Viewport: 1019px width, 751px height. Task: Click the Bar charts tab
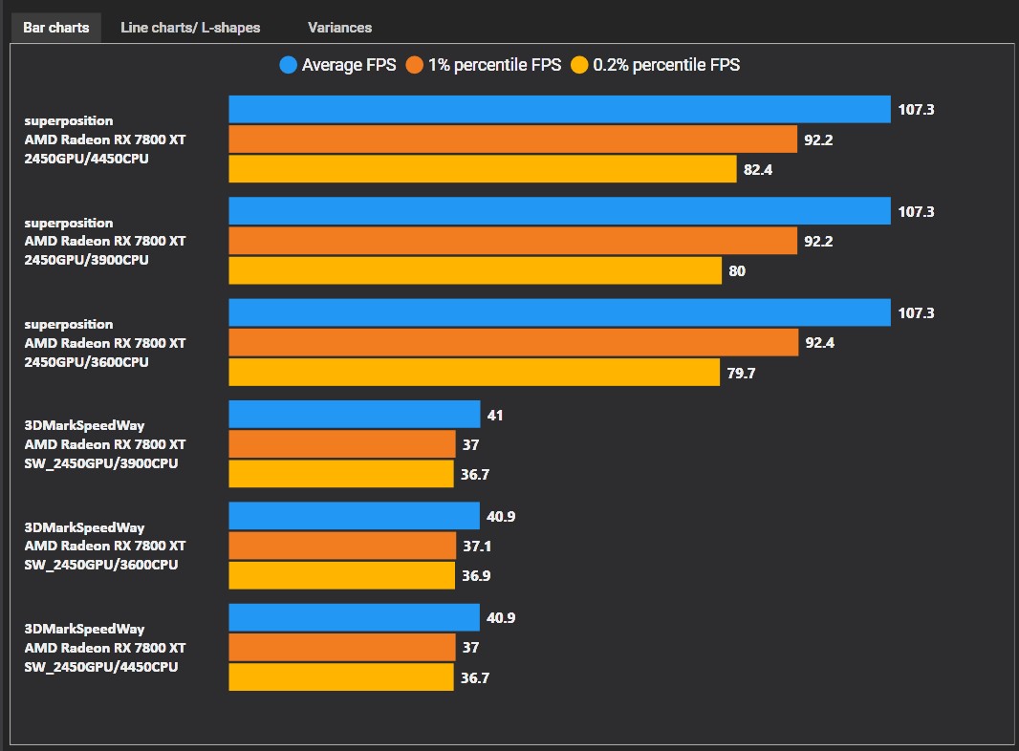click(55, 27)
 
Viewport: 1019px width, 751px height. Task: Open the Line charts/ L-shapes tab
click(190, 27)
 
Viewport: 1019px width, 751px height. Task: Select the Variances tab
click(339, 27)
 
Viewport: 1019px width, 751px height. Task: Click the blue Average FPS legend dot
click(289, 65)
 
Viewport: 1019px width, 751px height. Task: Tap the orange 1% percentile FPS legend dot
click(415, 65)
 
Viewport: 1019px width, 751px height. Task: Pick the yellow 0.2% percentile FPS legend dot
click(579, 65)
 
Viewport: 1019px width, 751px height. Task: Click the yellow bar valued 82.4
click(483, 169)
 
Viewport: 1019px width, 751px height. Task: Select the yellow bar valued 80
click(475, 270)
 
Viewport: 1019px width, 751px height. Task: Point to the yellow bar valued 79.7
click(474, 373)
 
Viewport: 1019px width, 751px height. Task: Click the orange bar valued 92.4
click(513, 342)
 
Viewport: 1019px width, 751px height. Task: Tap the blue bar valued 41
click(354, 415)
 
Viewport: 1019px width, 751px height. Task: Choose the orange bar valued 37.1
click(342, 546)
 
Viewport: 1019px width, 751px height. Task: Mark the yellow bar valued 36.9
click(341, 576)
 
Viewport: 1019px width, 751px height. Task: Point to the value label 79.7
click(741, 374)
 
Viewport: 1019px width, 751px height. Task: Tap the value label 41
click(494, 416)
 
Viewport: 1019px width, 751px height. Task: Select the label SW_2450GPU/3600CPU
click(101, 565)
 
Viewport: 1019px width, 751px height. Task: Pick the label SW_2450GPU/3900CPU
click(101, 463)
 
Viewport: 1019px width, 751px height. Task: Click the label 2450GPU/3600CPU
click(86, 362)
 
